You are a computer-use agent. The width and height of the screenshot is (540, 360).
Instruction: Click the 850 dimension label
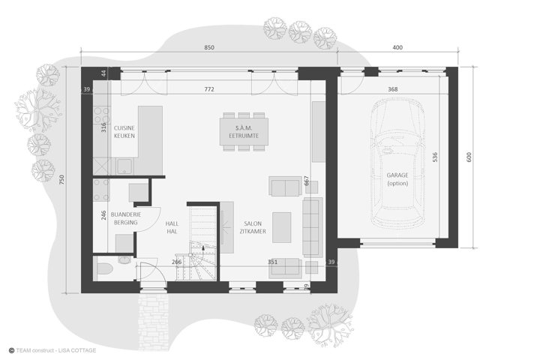click(209, 47)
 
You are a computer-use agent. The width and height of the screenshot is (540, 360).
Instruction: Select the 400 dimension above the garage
click(397, 47)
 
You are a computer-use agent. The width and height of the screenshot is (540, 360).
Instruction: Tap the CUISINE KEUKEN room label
click(124, 132)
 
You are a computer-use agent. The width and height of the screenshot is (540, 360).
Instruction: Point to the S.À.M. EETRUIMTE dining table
click(244, 131)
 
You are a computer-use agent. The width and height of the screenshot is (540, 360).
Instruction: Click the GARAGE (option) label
click(397, 179)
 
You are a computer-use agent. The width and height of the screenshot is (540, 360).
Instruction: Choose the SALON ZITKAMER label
click(253, 227)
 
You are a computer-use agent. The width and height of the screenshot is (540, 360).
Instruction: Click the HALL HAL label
click(172, 227)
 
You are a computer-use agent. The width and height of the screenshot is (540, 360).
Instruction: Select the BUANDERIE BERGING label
click(126, 218)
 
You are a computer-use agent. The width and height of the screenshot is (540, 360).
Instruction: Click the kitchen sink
click(124, 166)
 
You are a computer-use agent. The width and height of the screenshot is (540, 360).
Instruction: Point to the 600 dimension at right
click(469, 157)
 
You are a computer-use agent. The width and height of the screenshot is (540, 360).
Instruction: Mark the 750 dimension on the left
click(61, 179)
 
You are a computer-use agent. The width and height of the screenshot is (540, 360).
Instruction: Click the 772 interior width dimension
click(209, 89)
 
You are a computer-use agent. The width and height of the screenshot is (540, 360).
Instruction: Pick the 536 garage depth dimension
click(435, 157)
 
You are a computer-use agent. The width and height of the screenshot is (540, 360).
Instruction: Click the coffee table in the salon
click(282, 227)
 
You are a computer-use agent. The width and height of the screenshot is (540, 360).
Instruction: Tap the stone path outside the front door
click(154, 321)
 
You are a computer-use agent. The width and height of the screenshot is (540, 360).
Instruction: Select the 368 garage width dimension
click(392, 89)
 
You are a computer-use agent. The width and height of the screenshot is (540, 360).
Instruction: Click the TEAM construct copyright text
click(52, 350)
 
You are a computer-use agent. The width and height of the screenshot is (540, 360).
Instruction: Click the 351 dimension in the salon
click(272, 262)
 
